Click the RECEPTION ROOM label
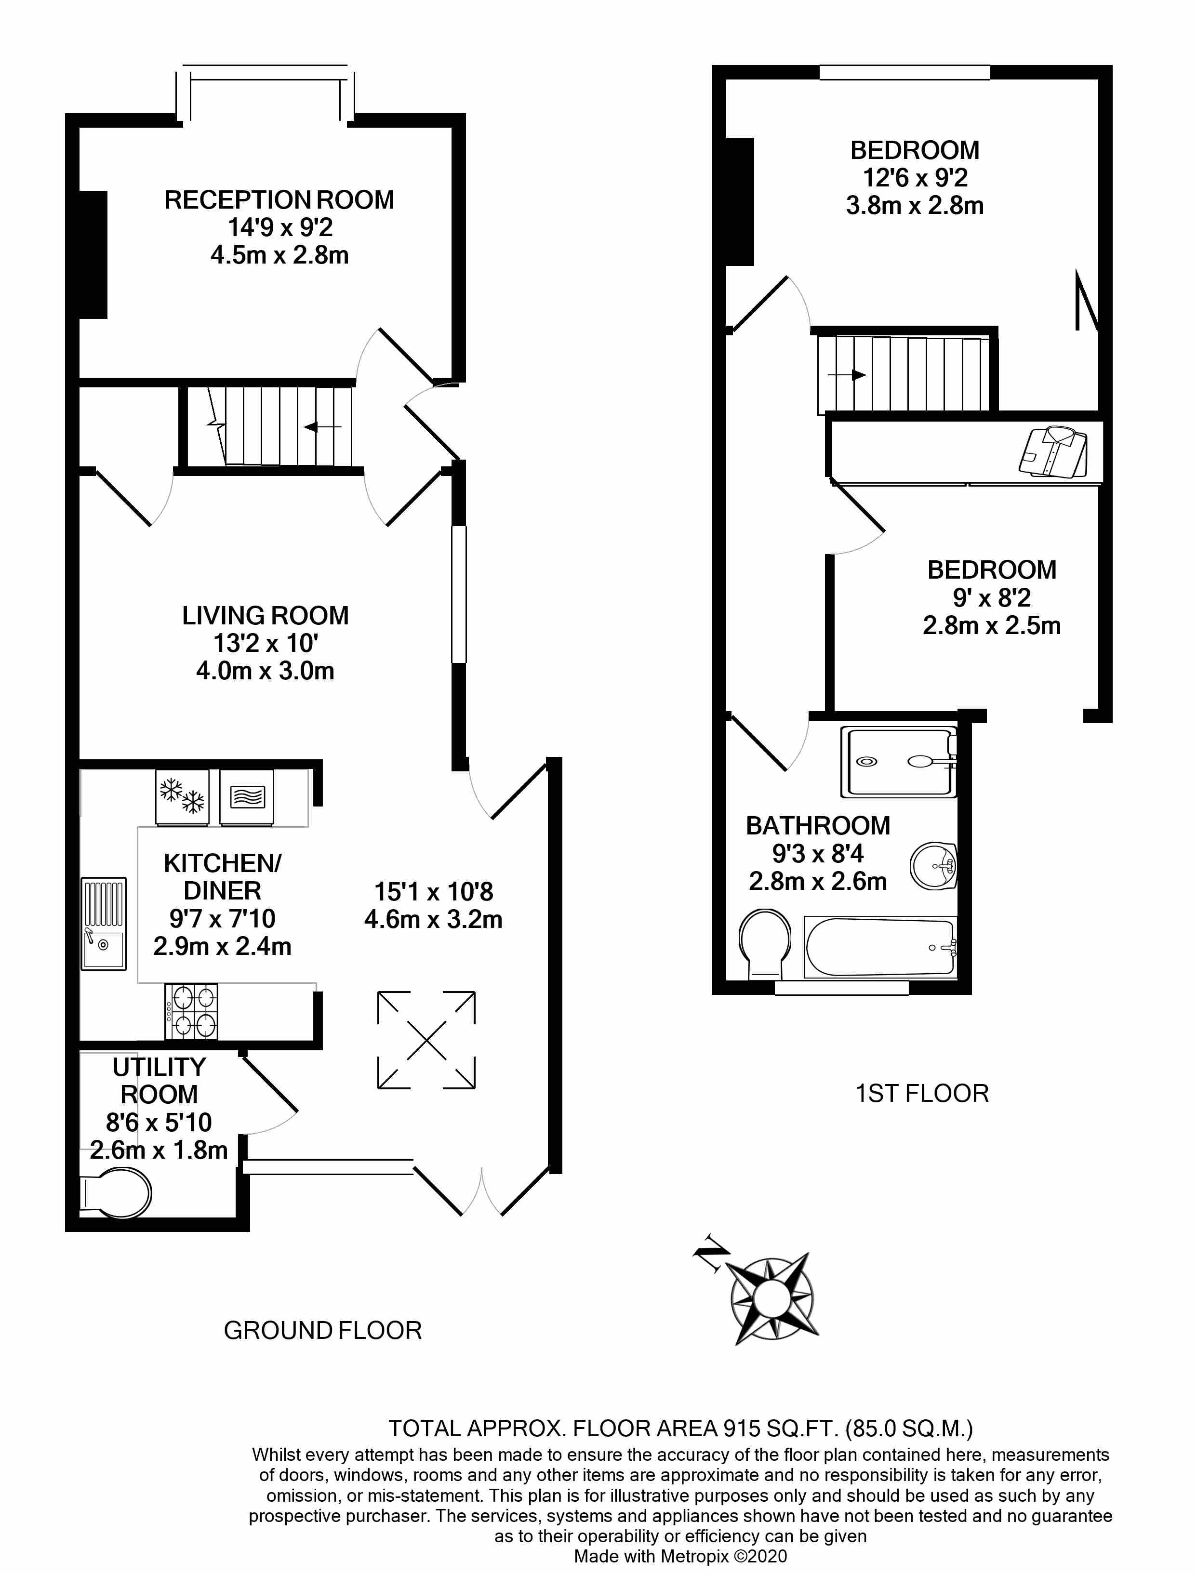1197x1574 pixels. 279,200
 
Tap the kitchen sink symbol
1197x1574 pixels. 103,923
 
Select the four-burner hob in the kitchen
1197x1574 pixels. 191,1011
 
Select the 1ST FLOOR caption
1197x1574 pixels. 921,1093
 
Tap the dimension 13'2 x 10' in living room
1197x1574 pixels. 265,643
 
